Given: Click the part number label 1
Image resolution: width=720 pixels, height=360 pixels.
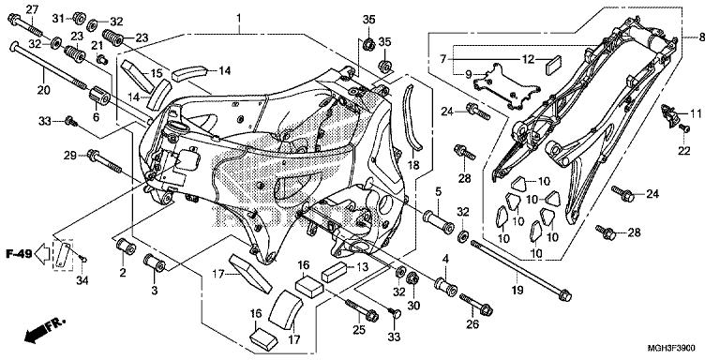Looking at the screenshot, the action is [x=239, y=19].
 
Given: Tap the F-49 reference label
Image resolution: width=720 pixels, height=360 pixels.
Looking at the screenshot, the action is [x=19, y=253].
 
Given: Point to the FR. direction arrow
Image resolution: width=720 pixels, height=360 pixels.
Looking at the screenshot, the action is [x=45, y=329].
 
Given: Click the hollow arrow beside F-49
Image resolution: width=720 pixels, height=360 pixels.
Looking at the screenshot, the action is [x=43, y=254].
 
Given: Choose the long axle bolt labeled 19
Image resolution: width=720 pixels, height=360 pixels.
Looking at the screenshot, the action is [x=521, y=270].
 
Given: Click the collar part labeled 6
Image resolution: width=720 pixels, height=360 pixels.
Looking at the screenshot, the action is [x=98, y=95].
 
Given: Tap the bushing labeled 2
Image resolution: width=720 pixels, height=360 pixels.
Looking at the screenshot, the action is [x=125, y=247].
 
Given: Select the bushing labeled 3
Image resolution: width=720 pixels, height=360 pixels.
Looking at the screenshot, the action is [x=155, y=262].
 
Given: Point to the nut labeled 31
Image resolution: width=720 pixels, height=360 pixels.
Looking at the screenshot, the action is [x=79, y=18].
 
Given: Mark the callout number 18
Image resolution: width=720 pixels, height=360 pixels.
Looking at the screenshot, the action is [x=413, y=165].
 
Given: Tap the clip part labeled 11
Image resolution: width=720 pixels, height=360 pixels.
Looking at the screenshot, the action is [x=670, y=115].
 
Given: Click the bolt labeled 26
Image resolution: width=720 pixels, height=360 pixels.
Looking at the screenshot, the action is [x=476, y=304].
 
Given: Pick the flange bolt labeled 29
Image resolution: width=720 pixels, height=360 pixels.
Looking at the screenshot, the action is [x=104, y=160].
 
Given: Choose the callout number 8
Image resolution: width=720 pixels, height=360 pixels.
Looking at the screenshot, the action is [x=701, y=38].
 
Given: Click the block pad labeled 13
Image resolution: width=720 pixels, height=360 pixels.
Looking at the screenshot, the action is [x=335, y=271].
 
